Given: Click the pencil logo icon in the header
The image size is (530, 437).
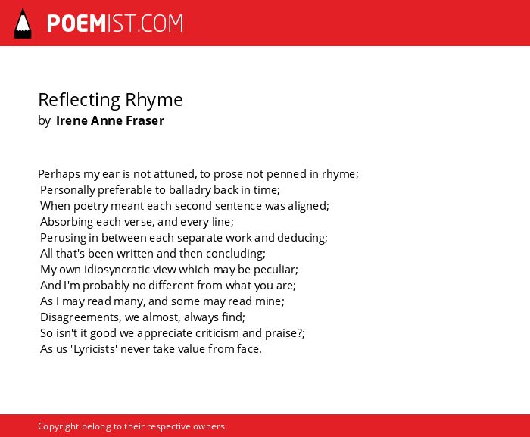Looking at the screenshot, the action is pos(23,23).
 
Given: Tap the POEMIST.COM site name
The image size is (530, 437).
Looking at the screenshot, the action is pos(115,23).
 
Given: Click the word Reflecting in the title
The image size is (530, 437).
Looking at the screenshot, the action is pos(79,100).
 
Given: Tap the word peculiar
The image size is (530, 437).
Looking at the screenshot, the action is pos(276,270).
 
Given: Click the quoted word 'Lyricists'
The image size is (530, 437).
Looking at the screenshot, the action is pos(94,349).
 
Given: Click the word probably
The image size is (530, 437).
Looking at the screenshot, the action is pos(106,286).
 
